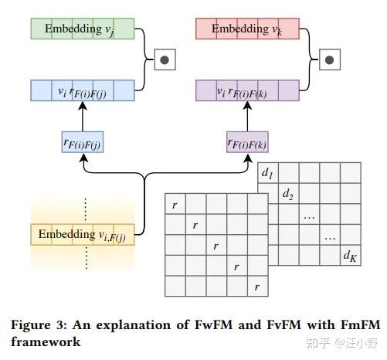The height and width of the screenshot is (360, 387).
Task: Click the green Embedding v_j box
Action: [82, 29]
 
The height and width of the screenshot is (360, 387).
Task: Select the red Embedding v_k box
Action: [244, 29]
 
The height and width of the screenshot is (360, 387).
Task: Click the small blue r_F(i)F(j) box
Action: [82, 142]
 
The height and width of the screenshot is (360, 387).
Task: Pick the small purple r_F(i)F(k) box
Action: [247, 142]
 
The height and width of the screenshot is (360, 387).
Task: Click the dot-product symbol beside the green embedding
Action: [164, 59]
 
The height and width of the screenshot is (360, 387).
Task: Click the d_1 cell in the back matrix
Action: [267, 174]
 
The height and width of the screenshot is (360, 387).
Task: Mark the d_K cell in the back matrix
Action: [350, 256]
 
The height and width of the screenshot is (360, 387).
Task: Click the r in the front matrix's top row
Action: [175, 205]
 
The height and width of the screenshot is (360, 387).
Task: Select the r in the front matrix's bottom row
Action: [256, 287]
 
